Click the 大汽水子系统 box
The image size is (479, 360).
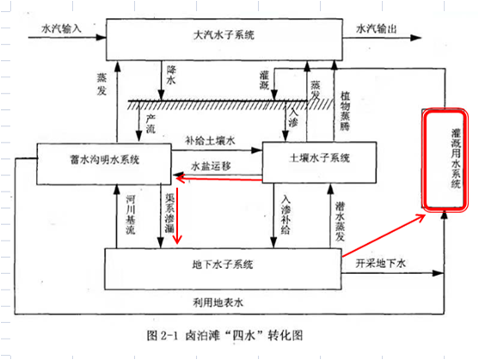point(224,40)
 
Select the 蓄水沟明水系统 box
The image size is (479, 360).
point(104,164)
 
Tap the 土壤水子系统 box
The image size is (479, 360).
point(319,162)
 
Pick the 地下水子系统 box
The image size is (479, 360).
point(223,269)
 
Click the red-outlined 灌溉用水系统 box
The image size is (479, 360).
point(445,160)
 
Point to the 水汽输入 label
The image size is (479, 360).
point(61,28)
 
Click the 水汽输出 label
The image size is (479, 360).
point(377,28)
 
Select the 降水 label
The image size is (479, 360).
point(171,75)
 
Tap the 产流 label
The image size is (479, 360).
point(150,124)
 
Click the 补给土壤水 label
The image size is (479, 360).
point(210,141)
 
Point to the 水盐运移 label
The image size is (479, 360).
point(211,167)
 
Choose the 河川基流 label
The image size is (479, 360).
point(131,215)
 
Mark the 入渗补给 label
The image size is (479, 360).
point(286,215)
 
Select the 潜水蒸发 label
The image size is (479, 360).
point(340,222)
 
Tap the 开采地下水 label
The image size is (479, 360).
point(381,263)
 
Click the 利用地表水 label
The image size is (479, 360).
point(218,302)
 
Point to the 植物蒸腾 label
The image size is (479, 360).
point(345,111)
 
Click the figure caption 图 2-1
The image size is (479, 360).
point(163,336)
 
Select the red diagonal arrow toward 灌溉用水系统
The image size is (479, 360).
point(384,235)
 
